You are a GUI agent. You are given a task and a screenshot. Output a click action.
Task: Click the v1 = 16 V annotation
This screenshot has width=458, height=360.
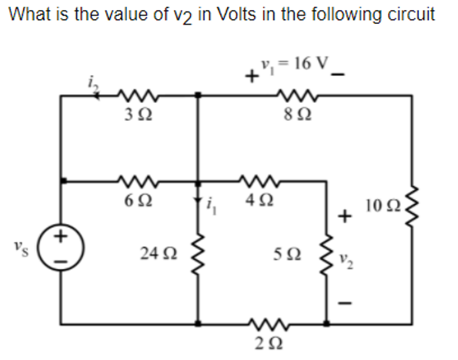(x=293, y=64)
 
